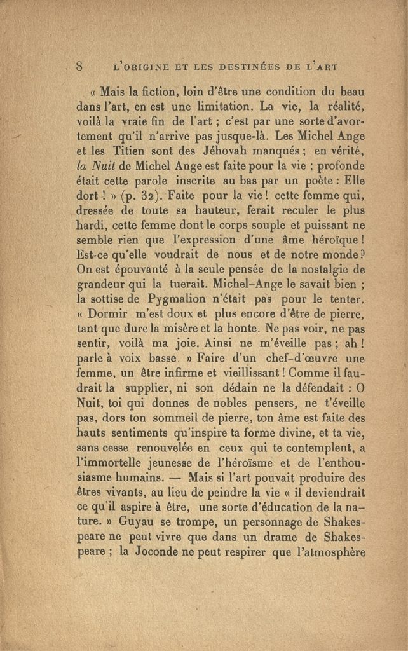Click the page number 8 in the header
[80, 65]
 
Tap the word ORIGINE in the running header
[151, 65]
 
